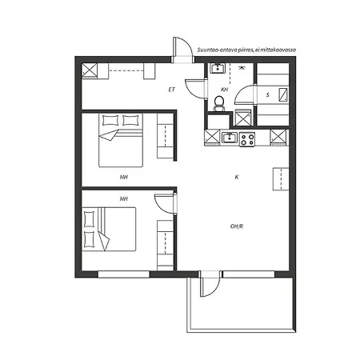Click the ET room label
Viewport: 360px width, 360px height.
(x=172, y=90)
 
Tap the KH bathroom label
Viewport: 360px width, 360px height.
(x=225, y=90)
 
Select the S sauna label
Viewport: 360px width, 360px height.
(x=268, y=94)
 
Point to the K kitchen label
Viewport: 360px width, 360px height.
(x=237, y=177)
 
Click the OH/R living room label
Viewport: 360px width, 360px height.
(x=237, y=226)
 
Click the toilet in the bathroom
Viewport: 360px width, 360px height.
(x=219, y=103)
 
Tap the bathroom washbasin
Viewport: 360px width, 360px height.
(x=218, y=68)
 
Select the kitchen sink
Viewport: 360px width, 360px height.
(x=230, y=138)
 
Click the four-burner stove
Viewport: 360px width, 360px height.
(x=247, y=139)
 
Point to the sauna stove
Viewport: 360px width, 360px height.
(x=283, y=95)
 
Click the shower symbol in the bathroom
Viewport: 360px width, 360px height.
(x=242, y=67)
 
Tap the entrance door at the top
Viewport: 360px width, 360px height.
(x=182, y=50)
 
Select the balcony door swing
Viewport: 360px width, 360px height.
(x=210, y=284)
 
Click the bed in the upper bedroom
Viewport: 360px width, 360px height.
(x=121, y=140)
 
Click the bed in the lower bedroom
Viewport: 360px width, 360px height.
(x=109, y=229)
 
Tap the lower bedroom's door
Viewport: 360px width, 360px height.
(x=166, y=204)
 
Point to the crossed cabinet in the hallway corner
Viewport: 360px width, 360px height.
(x=90, y=70)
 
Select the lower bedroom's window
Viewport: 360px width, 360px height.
(x=123, y=274)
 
